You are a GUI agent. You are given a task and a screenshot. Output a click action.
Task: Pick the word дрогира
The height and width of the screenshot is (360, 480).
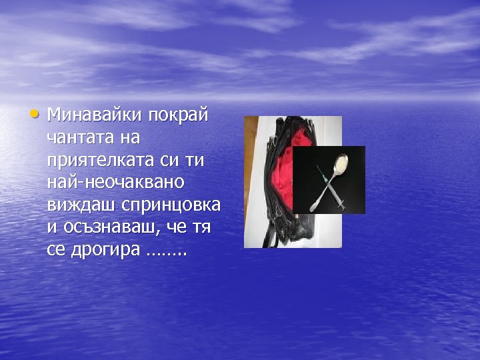[104, 251]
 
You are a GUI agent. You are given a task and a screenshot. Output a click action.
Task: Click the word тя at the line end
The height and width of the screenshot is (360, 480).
[201, 227]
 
